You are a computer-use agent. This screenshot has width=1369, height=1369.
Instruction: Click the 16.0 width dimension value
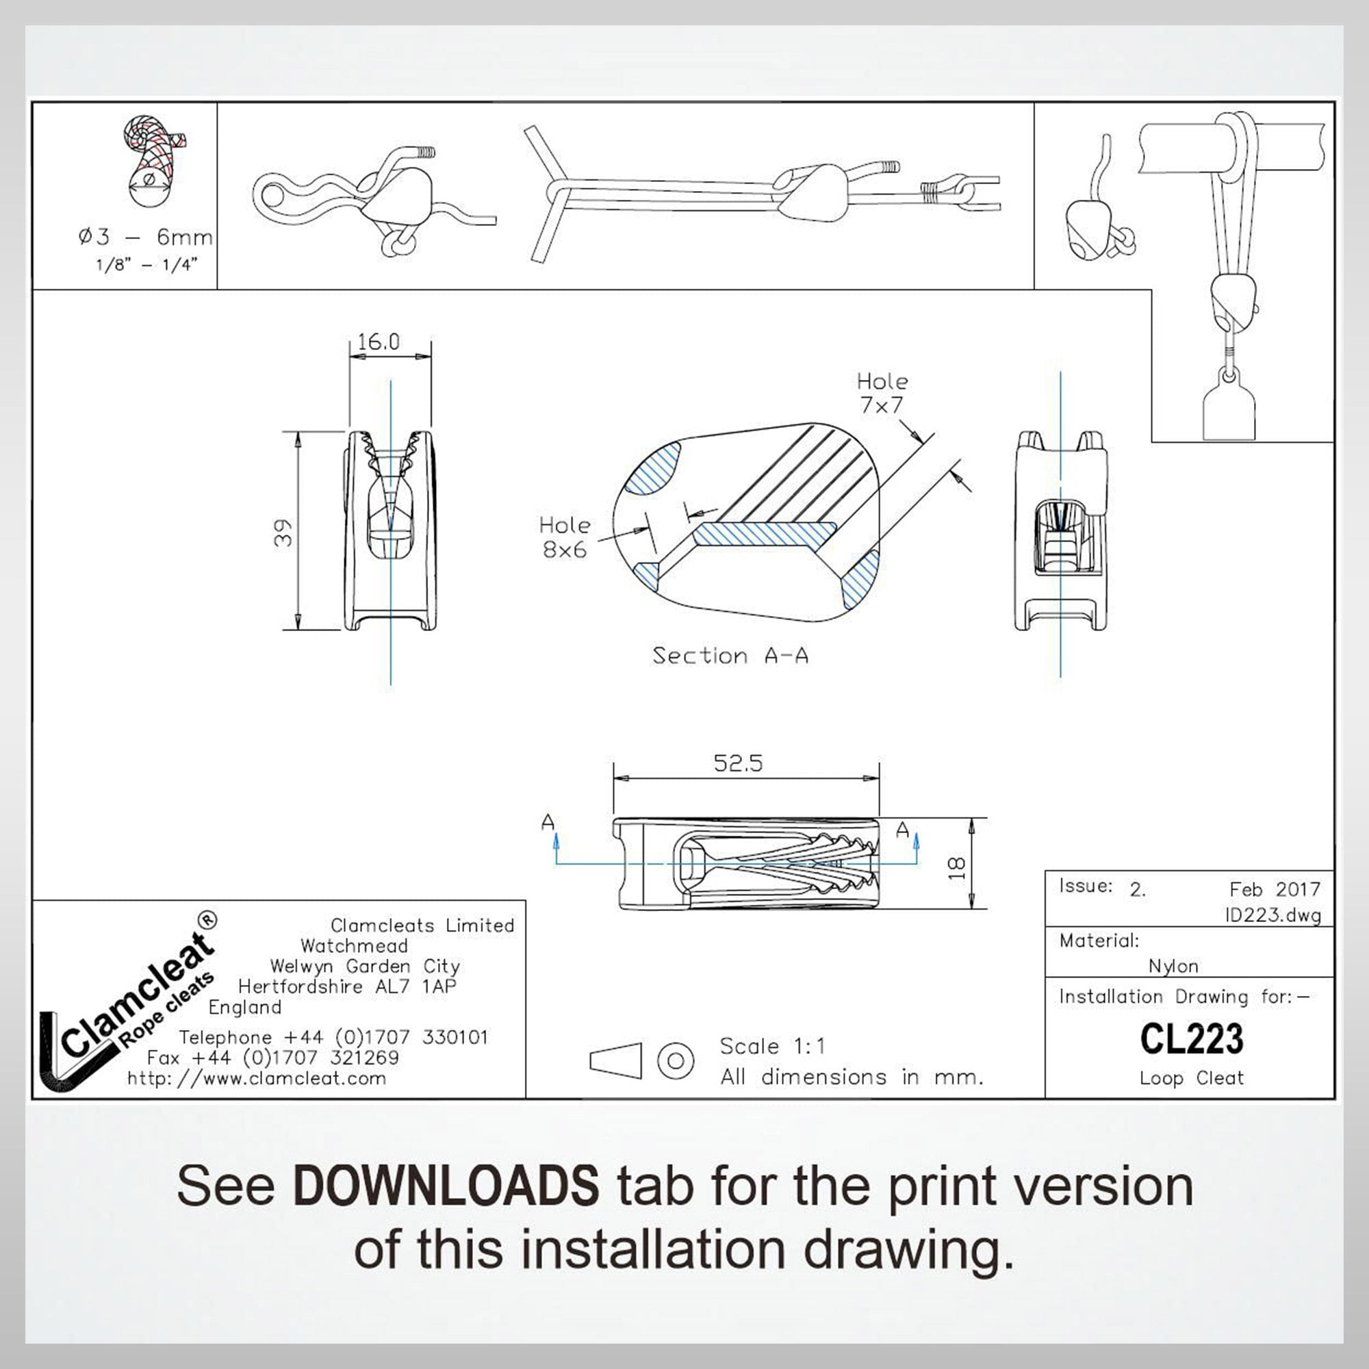pos(379,342)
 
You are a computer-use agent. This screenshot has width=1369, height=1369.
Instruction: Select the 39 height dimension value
pos(283,533)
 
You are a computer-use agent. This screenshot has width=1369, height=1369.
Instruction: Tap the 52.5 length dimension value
pos(738,763)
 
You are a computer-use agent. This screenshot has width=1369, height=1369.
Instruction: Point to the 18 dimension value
pos(957,868)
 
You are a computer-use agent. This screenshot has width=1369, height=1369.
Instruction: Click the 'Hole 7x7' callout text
pos(882,394)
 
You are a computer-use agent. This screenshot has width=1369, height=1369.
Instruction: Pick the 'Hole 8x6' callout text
pos(565,537)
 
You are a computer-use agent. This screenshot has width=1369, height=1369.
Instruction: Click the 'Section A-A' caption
pos(730,656)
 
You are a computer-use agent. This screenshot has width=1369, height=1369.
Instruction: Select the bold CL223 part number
pos(1192,1039)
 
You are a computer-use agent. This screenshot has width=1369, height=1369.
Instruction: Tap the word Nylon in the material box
pos(1173,966)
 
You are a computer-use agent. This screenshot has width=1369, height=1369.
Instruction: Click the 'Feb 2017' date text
pos(1275,889)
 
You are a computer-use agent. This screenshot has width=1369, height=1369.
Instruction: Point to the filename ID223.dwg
pos(1273,915)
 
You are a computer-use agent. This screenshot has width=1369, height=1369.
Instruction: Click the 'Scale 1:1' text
pos(772,1046)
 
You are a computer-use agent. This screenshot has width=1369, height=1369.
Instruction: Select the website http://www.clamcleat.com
pos(257,1079)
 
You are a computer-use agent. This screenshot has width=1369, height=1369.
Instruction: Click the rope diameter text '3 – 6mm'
pos(155,237)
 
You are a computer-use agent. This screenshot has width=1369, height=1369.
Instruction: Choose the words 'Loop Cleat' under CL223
pos(1192,1078)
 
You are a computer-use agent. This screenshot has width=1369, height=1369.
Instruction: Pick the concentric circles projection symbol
pos(676,1060)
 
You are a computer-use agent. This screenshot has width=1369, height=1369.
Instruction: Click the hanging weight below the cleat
pos(1229,405)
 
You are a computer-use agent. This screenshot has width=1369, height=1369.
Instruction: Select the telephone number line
pos(333,1038)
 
